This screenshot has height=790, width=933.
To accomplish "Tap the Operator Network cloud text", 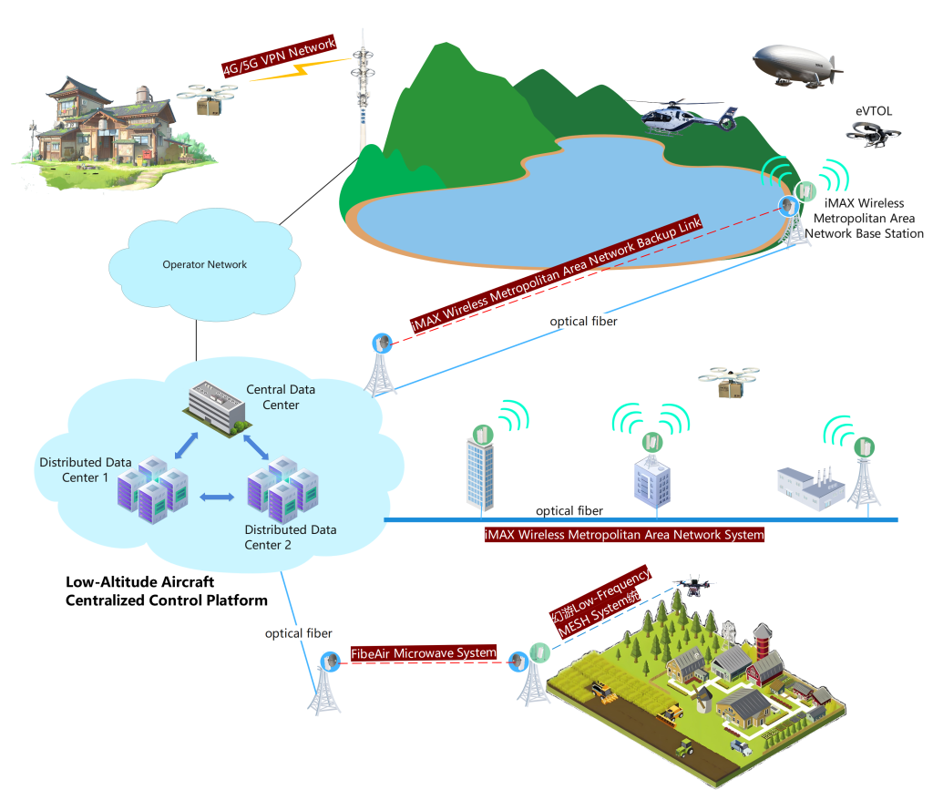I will (x=204, y=264).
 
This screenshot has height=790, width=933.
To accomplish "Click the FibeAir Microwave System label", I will (x=424, y=653).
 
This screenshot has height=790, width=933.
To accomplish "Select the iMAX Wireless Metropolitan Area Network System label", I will (x=624, y=535).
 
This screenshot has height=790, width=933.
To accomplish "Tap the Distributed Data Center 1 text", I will (x=86, y=469).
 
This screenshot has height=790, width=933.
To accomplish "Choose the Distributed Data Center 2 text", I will (x=290, y=537).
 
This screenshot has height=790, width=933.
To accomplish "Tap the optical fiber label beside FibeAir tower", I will (x=298, y=632).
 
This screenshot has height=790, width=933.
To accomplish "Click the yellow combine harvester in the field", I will (x=602, y=692).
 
